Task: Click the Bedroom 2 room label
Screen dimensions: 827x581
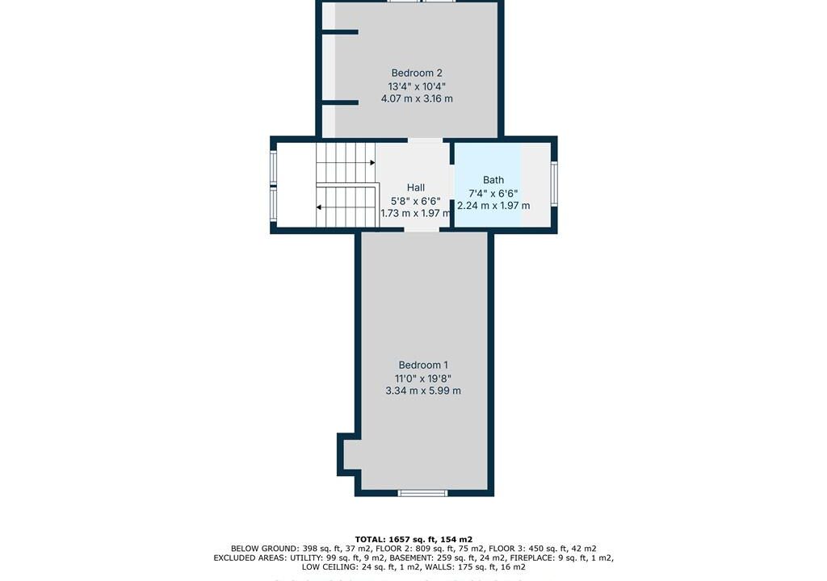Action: pos(417,73)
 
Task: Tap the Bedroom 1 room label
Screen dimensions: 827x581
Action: pos(423,365)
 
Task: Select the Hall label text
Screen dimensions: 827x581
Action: pos(416,187)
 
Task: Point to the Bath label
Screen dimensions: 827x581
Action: pos(493,180)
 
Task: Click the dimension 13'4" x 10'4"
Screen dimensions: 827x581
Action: pos(417,86)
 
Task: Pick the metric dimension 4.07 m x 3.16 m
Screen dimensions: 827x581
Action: pos(417,98)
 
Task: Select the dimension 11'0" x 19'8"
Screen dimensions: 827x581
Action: pos(423,378)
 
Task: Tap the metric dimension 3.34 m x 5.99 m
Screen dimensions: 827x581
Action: pos(423,391)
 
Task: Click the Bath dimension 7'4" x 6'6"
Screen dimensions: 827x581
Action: pos(493,193)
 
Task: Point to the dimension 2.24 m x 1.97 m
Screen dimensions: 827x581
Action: pos(493,206)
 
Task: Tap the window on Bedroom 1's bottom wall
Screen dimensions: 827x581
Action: pos(422,494)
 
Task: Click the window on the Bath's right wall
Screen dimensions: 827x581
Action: pos(554,183)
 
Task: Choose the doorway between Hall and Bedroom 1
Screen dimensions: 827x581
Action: pos(422,230)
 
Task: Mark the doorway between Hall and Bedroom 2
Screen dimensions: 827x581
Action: pos(425,140)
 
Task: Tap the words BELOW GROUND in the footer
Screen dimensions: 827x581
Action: pos(264,549)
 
